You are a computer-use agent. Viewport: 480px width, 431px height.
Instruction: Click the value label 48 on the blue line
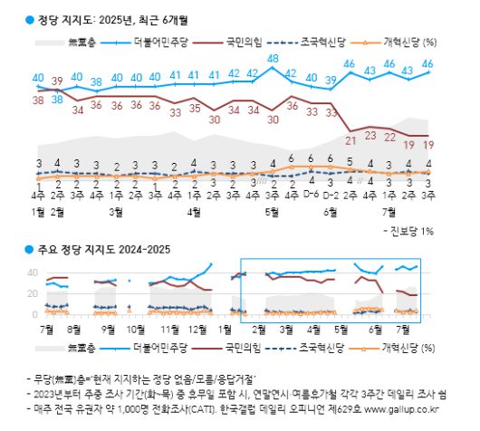272,59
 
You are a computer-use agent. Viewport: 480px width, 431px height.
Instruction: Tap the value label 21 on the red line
350,139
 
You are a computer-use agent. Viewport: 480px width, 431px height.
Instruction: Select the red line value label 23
370,135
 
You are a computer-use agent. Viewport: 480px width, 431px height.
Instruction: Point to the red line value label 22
389,137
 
